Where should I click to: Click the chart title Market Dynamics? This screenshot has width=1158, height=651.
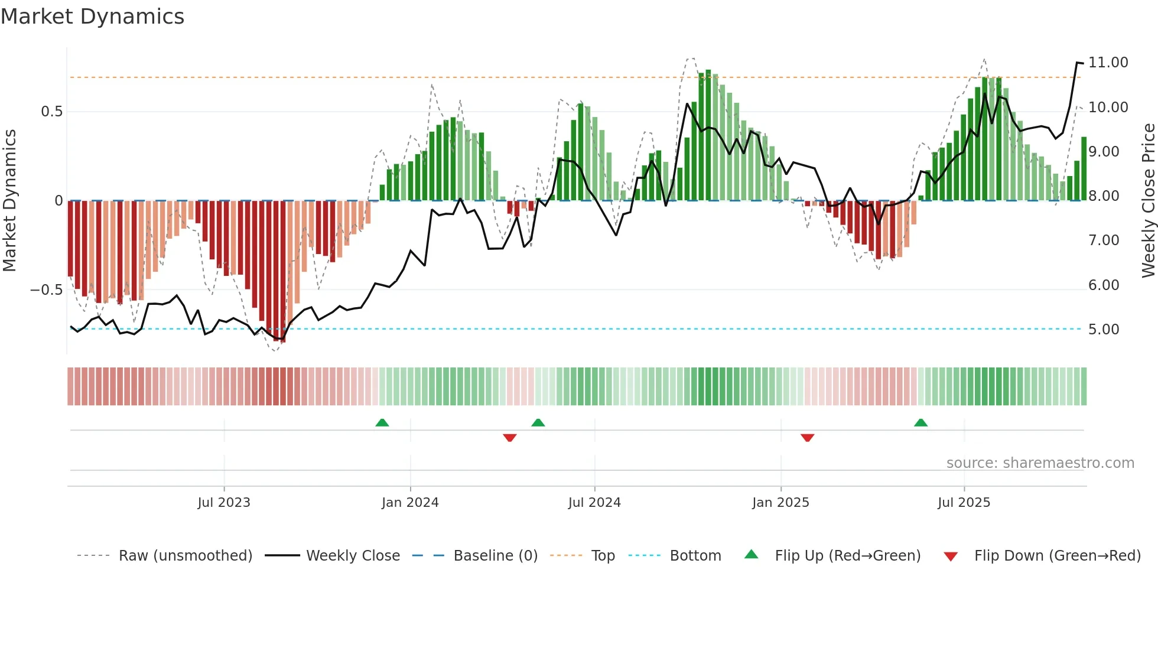click(x=92, y=17)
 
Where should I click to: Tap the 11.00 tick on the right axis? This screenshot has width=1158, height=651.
click(x=1108, y=63)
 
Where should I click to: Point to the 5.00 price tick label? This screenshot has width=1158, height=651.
click(x=1103, y=330)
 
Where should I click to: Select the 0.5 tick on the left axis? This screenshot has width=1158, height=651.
click(x=51, y=112)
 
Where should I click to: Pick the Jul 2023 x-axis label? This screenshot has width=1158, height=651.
click(x=224, y=503)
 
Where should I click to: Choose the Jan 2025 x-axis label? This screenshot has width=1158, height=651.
click(x=780, y=503)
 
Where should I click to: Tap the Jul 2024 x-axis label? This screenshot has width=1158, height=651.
click(x=594, y=503)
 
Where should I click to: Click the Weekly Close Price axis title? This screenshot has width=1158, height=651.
click(x=1148, y=201)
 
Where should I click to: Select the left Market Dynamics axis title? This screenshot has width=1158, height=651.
click(x=9, y=201)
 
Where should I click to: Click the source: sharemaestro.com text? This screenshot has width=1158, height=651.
click(x=1040, y=463)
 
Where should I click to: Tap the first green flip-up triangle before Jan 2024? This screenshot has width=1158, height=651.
click(x=382, y=422)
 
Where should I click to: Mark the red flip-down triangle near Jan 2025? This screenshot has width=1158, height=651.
click(x=807, y=438)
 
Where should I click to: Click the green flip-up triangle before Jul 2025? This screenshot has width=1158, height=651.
click(x=920, y=422)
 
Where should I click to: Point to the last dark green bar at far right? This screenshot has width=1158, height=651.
click(x=1084, y=169)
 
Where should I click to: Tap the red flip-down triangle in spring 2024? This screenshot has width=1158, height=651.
click(x=510, y=438)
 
